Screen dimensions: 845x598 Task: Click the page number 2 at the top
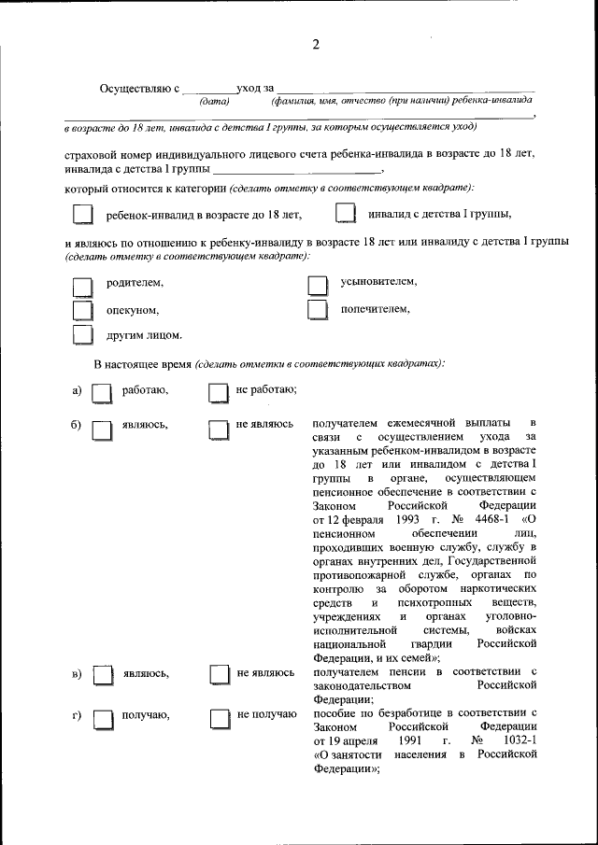pyautogui.click(x=315, y=45)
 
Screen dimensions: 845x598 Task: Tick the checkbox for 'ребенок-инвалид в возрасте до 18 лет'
pyautogui.click(x=84, y=215)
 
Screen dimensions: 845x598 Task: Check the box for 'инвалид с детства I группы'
pyautogui.click(x=346, y=214)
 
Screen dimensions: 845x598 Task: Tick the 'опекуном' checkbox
pyautogui.click(x=84, y=310)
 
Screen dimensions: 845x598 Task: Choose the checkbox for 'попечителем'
pyautogui.click(x=319, y=309)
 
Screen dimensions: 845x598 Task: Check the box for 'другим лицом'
pyautogui.click(x=84, y=334)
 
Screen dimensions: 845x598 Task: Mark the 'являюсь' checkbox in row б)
pyautogui.click(x=103, y=429)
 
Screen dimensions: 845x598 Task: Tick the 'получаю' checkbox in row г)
pyautogui.click(x=103, y=718)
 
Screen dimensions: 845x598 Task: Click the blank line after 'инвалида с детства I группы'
pyautogui.click(x=297, y=171)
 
